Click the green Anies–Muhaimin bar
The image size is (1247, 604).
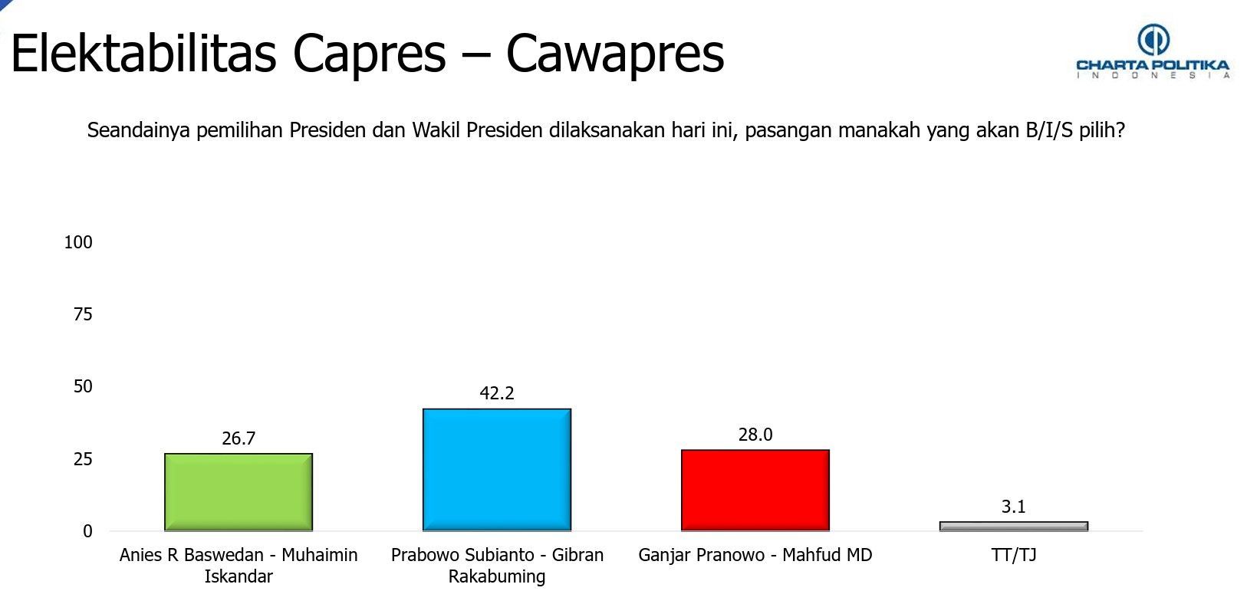pyautogui.click(x=239, y=492)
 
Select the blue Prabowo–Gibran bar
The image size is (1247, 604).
pyautogui.click(x=496, y=470)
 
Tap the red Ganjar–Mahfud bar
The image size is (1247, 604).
pyautogui.click(x=755, y=491)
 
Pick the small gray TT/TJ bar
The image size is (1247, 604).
pyautogui.click(x=1014, y=526)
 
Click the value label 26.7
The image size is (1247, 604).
pyautogui.click(x=239, y=438)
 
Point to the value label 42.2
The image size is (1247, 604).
pyautogui.click(x=496, y=393)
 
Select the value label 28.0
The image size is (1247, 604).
pyautogui.click(x=755, y=435)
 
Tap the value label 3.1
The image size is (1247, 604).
pyautogui.click(x=1013, y=507)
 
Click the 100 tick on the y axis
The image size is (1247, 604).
pyautogui.click(x=78, y=242)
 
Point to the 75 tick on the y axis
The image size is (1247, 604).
pyautogui.click(x=83, y=314)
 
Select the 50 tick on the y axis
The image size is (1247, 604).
pyautogui.click(x=83, y=386)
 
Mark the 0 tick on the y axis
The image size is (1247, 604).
pyautogui.click(x=87, y=531)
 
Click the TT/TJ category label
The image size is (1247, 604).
pyautogui.click(x=1014, y=555)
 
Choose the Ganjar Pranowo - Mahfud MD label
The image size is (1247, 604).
pyautogui.click(x=755, y=555)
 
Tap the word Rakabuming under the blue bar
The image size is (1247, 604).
pyautogui.click(x=496, y=576)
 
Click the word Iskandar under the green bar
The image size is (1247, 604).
pyautogui.click(x=239, y=576)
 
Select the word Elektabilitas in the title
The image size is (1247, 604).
pyautogui.click(x=143, y=53)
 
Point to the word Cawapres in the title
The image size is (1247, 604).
pyautogui.click(x=614, y=54)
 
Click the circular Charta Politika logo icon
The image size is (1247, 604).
pyautogui.click(x=1153, y=40)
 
